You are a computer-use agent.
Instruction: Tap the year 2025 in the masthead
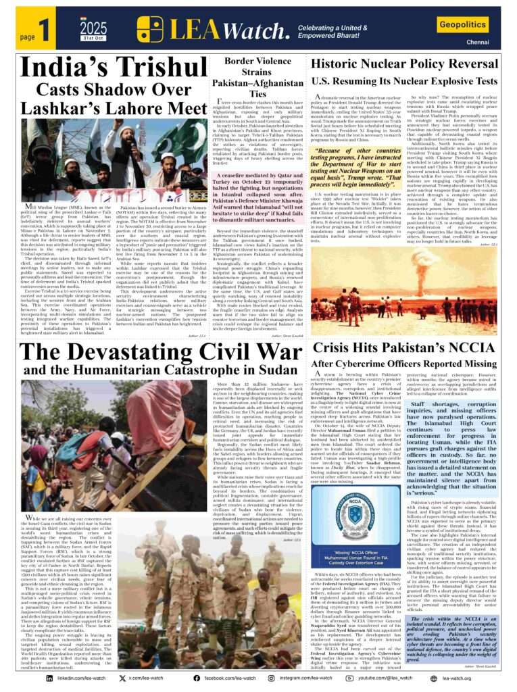[93, 28]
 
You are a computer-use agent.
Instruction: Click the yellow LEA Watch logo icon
[150, 29]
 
